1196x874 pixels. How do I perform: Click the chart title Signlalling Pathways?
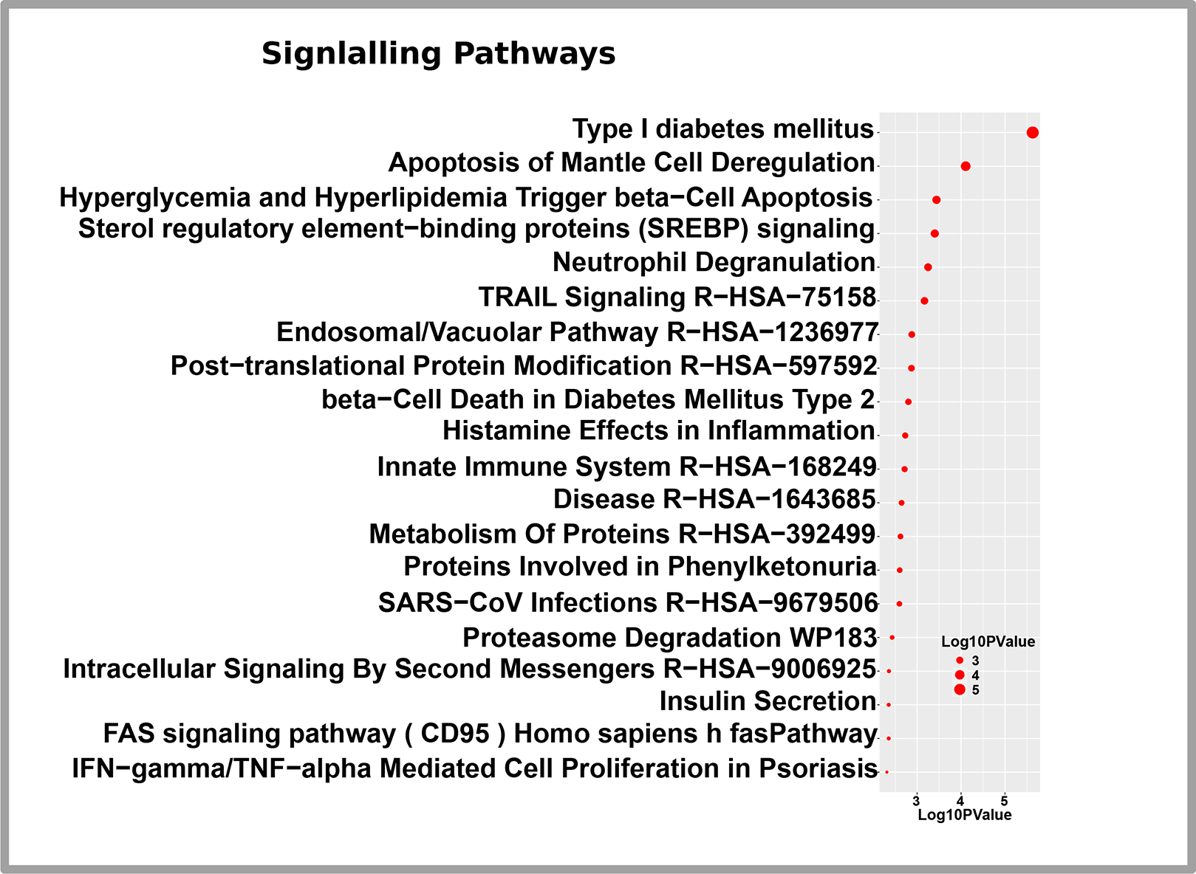pyautogui.click(x=438, y=54)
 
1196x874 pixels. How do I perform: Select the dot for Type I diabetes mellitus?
pyautogui.click(x=1033, y=132)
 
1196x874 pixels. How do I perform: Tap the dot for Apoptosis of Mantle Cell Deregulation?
pyautogui.click(x=966, y=166)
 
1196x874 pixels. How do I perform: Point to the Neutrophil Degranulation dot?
pyautogui.click(x=928, y=266)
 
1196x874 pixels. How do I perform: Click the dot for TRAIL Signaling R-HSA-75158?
pyautogui.click(x=925, y=300)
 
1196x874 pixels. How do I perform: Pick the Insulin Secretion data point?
pyautogui.click(x=889, y=705)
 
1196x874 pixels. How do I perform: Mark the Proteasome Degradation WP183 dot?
pyautogui.click(x=892, y=638)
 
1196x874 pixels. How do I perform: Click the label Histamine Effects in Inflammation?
pyautogui.click(x=659, y=430)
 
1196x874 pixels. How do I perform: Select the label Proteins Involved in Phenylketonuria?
pyautogui.click(x=640, y=566)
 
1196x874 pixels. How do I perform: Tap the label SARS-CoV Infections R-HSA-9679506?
pyautogui.click(x=628, y=602)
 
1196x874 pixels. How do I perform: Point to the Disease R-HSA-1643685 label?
pyautogui.click(x=714, y=499)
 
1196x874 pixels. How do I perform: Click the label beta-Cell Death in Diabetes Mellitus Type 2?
pyautogui.click(x=598, y=399)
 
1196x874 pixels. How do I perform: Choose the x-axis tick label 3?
pyautogui.click(x=916, y=800)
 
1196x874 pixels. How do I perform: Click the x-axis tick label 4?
pyautogui.click(x=960, y=800)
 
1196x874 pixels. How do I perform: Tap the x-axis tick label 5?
pyautogui.click(x=1005, y=800)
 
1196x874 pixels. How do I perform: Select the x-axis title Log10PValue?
pyautogui.click(x=964, y=815)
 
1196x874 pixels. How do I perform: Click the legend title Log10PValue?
pyautogui.click(x=988, y=641)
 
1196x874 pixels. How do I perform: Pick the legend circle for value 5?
pyautogui.click(x=960, y=689)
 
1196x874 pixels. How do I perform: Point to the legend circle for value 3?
pyautogui.click(x=960, y=660)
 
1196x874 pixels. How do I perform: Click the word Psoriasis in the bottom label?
pyautogui.click(x=818, y=768)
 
